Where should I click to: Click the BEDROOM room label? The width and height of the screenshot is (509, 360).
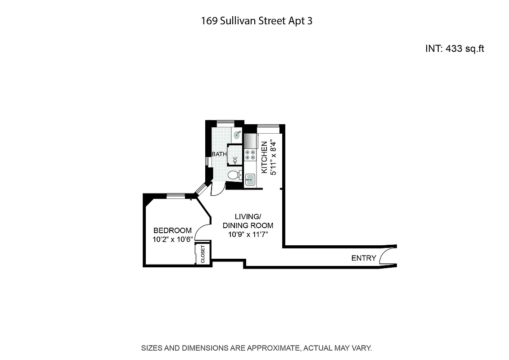[x=172, y=230]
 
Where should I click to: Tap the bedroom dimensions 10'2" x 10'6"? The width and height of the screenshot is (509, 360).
[x=173, y=239]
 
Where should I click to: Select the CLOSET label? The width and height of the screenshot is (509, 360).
[x=203, y=254]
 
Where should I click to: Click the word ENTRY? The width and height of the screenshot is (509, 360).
[x=363, y=258]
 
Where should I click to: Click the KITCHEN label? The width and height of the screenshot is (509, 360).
[x=265, y=157]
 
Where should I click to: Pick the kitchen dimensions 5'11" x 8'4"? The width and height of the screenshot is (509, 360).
[x=273, y=157]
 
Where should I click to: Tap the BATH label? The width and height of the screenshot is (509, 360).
[x=219, y=154]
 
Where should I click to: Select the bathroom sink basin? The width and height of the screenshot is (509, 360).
[x=238, y=134]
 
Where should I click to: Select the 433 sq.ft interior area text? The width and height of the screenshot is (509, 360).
[x=455, y=49]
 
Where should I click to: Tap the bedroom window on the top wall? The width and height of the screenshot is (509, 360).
[x=176, y=195]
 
